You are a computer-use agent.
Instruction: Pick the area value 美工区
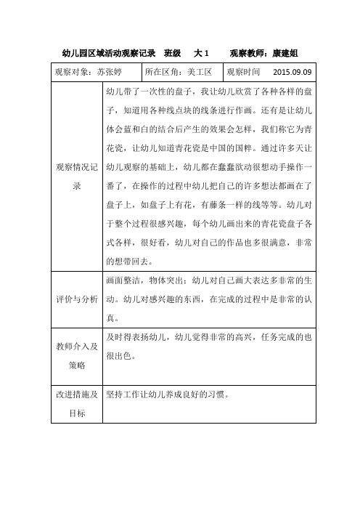point(194,73)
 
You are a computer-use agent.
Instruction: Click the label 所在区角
point(160,73)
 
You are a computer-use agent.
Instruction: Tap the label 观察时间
point(243,73)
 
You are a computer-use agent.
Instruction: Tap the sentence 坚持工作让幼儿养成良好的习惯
point(166,396)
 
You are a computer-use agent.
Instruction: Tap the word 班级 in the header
point(173,53)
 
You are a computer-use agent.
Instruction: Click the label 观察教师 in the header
point(250,53)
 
